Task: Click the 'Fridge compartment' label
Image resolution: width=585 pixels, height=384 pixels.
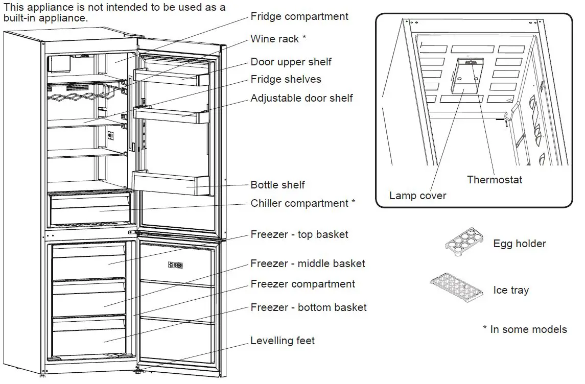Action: pos(299,16)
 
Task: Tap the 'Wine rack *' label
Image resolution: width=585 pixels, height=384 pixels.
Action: pos(278,39)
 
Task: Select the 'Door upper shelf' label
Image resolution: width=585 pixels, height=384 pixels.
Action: pos(291,62)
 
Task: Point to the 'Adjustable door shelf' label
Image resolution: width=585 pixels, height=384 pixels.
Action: pos(301,98)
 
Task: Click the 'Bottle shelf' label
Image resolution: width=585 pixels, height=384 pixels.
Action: pos(277,185)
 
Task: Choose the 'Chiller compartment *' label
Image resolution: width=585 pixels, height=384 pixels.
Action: pos(302,203)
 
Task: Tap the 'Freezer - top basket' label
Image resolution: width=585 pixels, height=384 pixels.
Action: pos(299,234)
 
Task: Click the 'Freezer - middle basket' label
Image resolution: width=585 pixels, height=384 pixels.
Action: pos(308,263)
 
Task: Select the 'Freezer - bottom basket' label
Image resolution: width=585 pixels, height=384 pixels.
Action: pos(309,307)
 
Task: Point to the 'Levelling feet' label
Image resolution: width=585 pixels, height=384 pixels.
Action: pos(283,341)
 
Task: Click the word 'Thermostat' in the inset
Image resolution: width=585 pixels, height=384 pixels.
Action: pos(495,179)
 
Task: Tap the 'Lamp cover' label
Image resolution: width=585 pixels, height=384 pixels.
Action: pos(417,196)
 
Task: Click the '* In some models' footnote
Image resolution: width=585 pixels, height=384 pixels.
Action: pos(525,329)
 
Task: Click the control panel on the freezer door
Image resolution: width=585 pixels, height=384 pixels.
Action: pos(175,265)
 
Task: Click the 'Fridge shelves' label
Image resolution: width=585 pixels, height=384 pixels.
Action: pos(286,79)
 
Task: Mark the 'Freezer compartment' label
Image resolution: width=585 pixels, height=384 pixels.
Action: pos(302,284)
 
